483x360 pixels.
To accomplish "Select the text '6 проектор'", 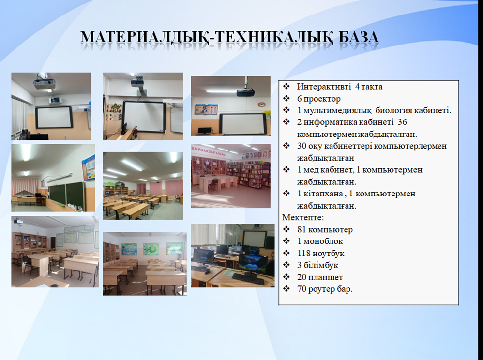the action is [x=319, y=99].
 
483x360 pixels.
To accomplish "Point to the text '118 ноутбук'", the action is [x=321, y=254].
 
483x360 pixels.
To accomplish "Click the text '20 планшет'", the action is [x=320, y=277].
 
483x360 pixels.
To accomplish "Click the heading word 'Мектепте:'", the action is [x=303, y=217].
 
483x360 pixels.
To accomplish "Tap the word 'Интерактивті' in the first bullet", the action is [x=324, y=87].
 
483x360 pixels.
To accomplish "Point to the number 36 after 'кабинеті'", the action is [x=402, y=122].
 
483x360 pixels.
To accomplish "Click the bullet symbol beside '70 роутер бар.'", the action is [x=287, y=289].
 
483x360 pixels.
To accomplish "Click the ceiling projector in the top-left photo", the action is [x=45, y=83].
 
